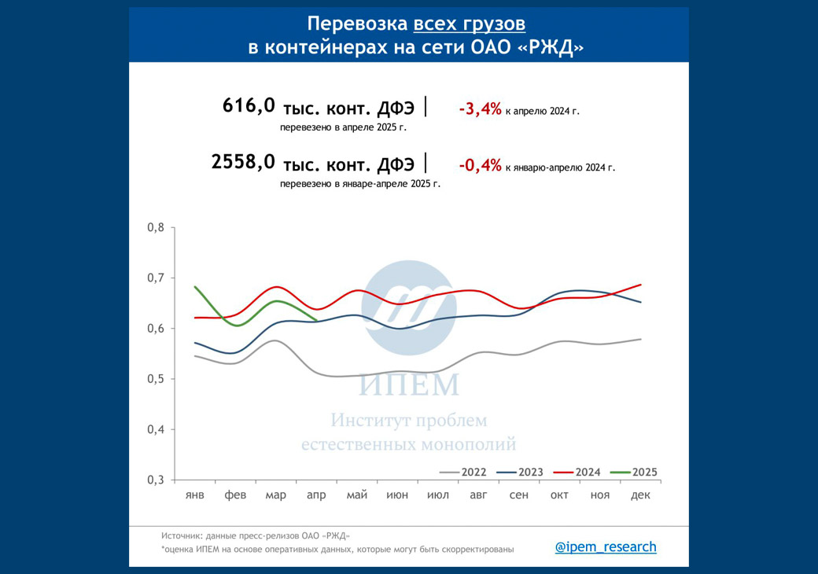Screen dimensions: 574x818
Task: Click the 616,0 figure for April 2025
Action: tap(249, 105)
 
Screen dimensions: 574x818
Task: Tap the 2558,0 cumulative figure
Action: tap(243, 162)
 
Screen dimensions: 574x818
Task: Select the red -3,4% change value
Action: tap(480, 110)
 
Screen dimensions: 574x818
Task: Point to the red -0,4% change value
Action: tap(480, 166)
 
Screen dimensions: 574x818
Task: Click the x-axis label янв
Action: tap(195, 495)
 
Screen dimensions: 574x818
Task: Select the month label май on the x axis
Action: tap(357, 495)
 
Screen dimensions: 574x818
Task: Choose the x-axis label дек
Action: tap(640, 495)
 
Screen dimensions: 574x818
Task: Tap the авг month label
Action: tap(478, 495)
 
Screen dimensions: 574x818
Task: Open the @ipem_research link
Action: tap(606, 547)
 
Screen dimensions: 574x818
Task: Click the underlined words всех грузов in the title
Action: tap(470, 23)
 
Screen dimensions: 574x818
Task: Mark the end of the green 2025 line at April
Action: tap(316, 320)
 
